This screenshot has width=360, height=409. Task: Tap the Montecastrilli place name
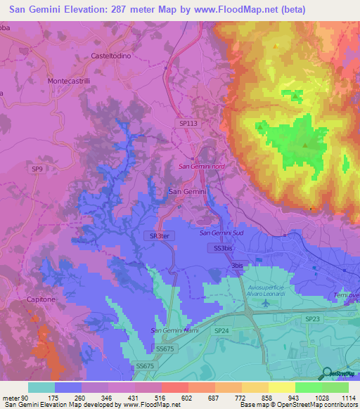[69, 81]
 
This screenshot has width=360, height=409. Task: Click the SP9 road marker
[37, 169]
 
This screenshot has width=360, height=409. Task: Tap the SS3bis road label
[223, 248]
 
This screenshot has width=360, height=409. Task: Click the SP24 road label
[221, 330]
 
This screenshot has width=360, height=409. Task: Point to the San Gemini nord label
[201, 167]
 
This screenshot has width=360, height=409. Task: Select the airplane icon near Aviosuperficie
[264, 304]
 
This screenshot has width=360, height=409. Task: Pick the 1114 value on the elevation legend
[348, 398]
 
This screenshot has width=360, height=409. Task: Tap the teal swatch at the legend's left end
[41, 387]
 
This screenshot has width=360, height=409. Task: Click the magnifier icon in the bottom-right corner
[327, 372]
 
